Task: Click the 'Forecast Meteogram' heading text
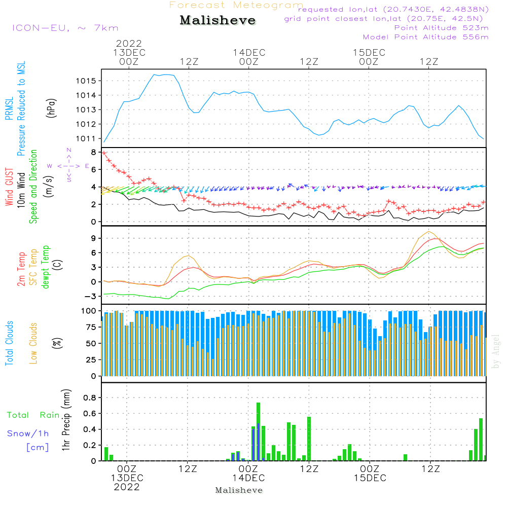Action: pyautogui.click(x=236, y=5)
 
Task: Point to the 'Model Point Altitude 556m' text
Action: pyautogui.click(x=425, y=37)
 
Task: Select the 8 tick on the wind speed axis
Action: pyautogui.click(x=93, y=152)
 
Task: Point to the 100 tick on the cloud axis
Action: pyautogui.click(x=89, y=310)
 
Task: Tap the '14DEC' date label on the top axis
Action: pyautogui.click(x=249, y=53)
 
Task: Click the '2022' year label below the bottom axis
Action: pyautogui.click(x=127, y=487)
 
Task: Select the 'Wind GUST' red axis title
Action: pyautogui.click(x=9, y=188)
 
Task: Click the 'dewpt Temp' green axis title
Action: pyautogui.click(x=46, y=268)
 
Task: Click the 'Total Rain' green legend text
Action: pyautogui.click(x=32, y=415)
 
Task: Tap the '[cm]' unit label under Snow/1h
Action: pyautogui.click(x=37, y=447)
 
